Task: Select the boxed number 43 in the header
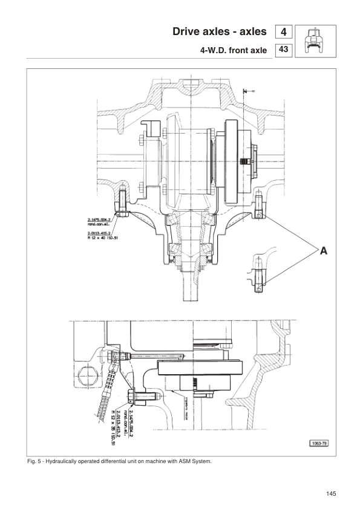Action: click(x=283, y=51)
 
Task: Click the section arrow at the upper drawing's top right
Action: click(x=246, y=91)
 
